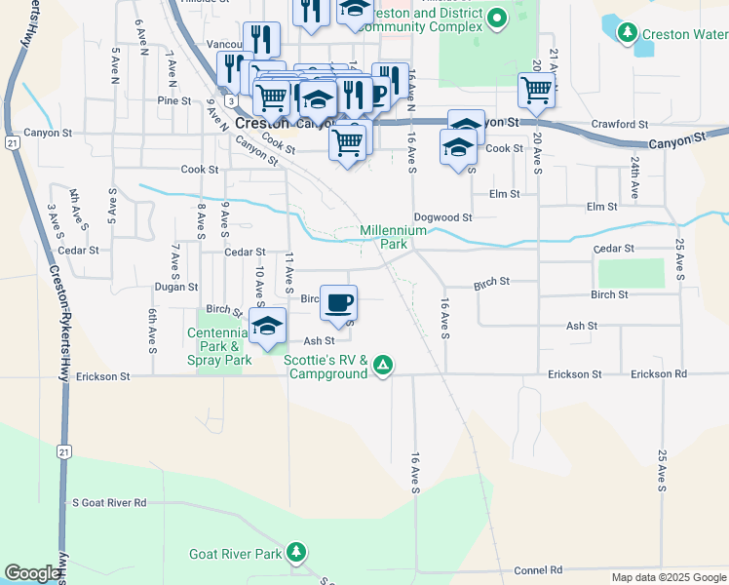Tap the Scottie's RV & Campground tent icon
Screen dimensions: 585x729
click(x=384, y=366)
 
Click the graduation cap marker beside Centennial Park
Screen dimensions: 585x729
click(x=266, y=327)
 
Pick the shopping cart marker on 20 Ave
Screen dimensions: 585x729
click(x=536, y=91)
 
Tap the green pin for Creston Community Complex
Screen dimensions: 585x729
click(x=497, y=19)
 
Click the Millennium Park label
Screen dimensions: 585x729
click(x=393, y=237)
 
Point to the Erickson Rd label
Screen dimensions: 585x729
click(x=658, y=374)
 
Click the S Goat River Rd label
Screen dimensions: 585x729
click(x=109, y=503)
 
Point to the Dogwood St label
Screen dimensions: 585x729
click(x=442, y=217)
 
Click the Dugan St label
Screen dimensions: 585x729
click(x=175, y=288)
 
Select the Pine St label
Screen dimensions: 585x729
click(x=173, y=100)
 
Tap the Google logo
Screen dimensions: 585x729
click(x=32, y=573)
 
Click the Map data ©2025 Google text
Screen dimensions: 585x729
click(x=668, y=577)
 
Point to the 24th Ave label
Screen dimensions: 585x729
click(x=634, y=176)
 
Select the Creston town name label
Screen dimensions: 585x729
click(x=262, y=124)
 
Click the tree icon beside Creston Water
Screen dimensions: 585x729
click(x=625, y=34)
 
